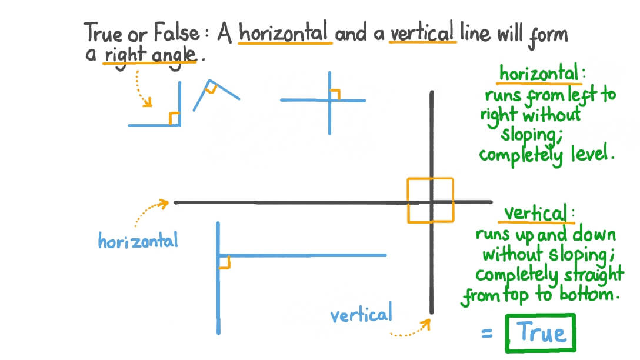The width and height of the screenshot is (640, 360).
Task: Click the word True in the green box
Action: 542,334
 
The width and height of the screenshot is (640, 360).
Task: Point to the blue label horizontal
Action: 138,241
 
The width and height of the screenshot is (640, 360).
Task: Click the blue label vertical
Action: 361,315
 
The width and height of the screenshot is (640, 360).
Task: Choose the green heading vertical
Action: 534,212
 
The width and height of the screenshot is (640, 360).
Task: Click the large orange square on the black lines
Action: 431,200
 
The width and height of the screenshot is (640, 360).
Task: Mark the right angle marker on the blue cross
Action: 335,95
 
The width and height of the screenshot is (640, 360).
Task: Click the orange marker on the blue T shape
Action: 224,262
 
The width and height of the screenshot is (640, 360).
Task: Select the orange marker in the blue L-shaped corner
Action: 174,118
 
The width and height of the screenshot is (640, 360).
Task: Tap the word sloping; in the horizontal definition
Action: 529,135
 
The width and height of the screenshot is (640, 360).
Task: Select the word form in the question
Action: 547,35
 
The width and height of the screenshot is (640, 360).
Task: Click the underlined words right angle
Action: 150,55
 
